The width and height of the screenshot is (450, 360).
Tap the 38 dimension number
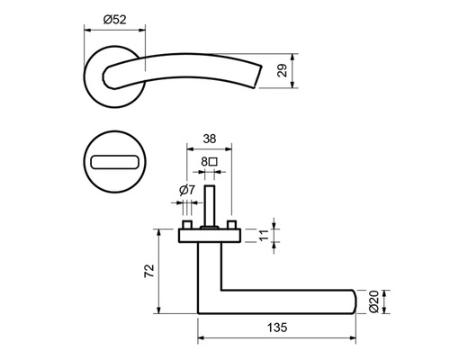tap(208, 139)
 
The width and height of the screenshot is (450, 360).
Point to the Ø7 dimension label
tap(187, 190)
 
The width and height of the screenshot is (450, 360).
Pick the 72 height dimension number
tap(149, 270)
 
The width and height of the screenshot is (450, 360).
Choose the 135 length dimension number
tap(275, 328)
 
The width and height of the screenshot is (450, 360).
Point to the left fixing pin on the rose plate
tap(188, 224)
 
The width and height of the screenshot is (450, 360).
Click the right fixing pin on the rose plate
tap(231, 224)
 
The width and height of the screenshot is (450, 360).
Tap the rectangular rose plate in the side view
tap(209, 236)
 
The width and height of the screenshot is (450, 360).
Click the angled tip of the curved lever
tap(264, 76)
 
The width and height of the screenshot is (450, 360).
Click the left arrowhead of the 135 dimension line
tap(200, 338)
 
